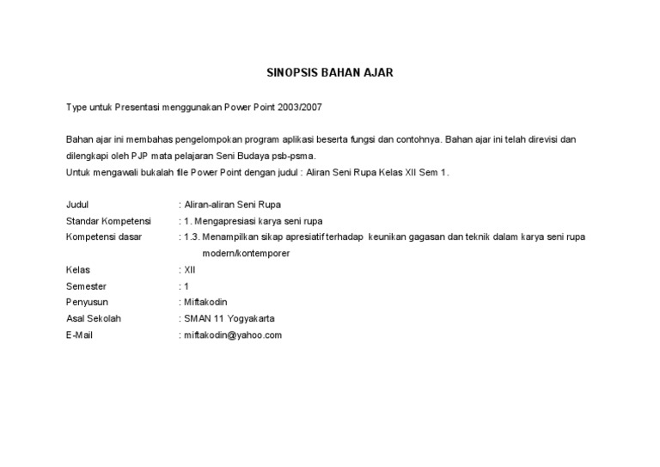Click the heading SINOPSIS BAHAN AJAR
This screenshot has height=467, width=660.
click(329, 73)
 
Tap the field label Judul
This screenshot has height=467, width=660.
click(77, 205)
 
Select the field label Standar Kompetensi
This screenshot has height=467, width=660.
click(108, 221)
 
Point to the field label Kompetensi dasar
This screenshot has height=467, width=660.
click(104, 237)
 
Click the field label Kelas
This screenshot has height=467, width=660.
click(78, 270)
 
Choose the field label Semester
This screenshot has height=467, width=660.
click(86, 286)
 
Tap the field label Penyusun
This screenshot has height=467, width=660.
click(87, 303)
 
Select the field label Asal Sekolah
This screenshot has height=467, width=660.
click(94, 319)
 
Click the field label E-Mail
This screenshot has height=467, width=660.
click(79, 335)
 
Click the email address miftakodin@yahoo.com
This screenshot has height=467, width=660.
click(233, 335)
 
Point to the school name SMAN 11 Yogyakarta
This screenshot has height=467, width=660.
click(229, 319)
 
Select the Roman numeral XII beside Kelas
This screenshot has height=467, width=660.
click(190, 270)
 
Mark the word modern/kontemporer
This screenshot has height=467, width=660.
click(246, 254)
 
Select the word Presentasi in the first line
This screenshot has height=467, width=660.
click(138, 107)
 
